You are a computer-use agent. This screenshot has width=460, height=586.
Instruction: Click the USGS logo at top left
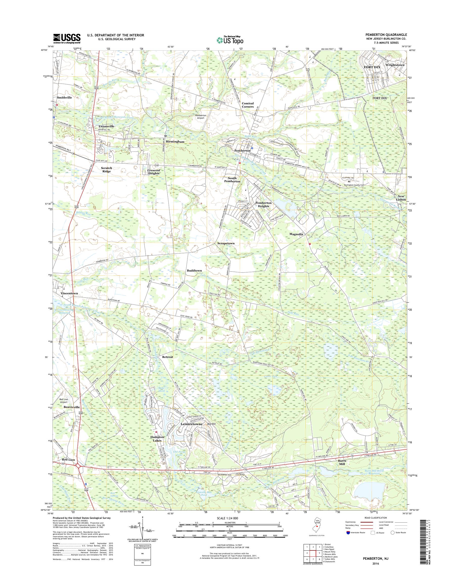[67, 39]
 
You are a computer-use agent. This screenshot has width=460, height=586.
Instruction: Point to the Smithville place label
[64, 97]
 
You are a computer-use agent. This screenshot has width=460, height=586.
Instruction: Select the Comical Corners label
[247, 105]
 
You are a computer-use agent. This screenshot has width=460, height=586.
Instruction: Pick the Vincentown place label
[69, 293]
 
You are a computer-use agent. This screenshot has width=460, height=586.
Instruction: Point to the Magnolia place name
[296, 234]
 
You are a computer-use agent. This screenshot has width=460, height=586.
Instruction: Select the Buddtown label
[194, 271]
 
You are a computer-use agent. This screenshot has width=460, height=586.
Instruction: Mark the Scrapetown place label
[226, 243]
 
